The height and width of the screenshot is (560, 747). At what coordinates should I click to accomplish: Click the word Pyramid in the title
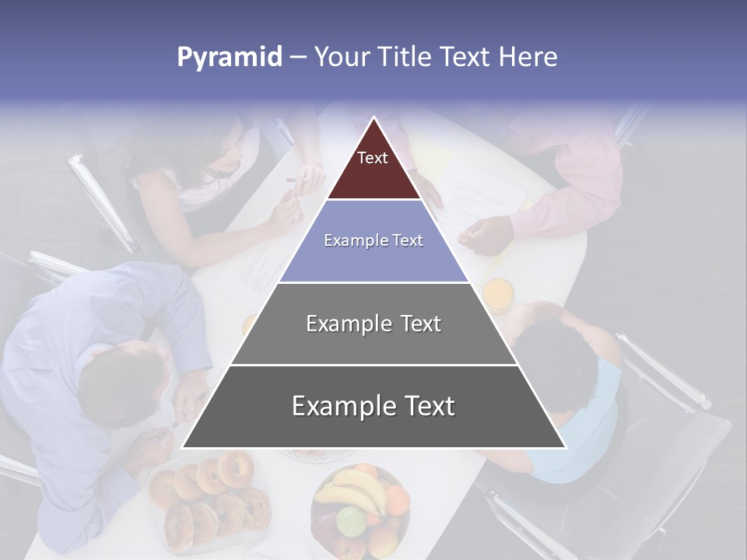(229, 58)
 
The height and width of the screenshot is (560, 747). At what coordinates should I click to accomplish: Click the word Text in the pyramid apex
(373, 158)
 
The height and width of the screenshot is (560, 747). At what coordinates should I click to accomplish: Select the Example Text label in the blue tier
(373, 240)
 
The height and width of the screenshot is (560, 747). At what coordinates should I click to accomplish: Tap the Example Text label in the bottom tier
(373, 406)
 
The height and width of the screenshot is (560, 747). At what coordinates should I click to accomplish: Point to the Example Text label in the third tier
(373, 324)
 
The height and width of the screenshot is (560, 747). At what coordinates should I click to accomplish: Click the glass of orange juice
(498, 294)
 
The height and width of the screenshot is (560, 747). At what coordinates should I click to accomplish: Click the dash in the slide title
(297, 58)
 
